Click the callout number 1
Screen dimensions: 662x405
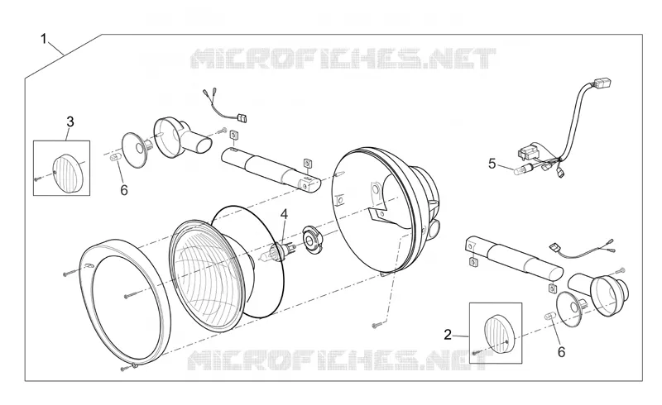coord(44,39)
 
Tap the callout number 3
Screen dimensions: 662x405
coord(70,122)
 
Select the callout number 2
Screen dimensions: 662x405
coord(448,335)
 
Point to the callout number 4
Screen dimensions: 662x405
coord(284,214)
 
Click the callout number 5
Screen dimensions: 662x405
coord(492,164)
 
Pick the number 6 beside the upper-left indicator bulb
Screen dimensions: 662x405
coord(123,190)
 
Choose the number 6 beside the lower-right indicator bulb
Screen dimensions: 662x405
coord(561,352)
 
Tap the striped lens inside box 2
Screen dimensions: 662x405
coord(497,336)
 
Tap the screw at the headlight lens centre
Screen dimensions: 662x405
coord(132,295)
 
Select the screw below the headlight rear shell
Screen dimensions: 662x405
coord(379,325)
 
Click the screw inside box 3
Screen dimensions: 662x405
coord(37,179)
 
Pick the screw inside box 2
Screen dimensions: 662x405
coord(477,352)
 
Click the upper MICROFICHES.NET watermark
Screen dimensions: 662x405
coord(343,59)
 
